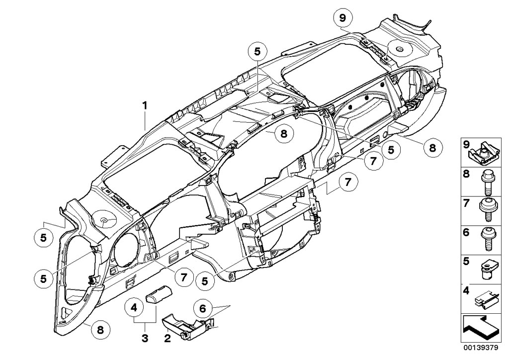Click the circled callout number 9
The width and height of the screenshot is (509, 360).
pyautogui.click(x=342, y=19)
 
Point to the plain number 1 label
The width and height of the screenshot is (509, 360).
pyautogui.click(x=145, y=105)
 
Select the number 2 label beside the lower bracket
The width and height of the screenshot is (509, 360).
pyautogui.click(x=168, y=339)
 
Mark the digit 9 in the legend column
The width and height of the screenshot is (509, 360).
pyautogui.click(x=466, y=145)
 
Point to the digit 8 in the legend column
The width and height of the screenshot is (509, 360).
pyautogui.click(x=466, y=174)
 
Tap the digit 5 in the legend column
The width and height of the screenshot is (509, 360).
pyautogui.click(x=466, y=260)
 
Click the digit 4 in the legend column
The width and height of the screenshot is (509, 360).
pyautogui.click(x=466, y=289)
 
